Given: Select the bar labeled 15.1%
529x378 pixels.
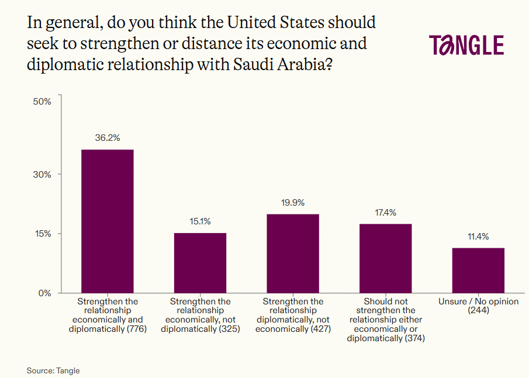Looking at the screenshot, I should click(200, 263).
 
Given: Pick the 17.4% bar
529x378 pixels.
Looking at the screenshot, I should click(385, 258).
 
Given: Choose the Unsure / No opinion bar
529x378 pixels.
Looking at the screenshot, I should click(478, 270).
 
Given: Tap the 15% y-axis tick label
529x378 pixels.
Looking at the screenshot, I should click(43, 234).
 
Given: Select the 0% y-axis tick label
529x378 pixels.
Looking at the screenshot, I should click(45, 293).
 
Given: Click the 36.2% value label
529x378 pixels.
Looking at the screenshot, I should click(108, 138).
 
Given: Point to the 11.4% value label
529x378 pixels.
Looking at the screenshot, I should click(478, 237).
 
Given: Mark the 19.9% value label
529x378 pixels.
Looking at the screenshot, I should click(293, 203).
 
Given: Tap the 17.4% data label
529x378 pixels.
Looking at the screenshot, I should click(385, 213).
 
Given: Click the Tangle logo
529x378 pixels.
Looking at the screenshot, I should click(466, 46).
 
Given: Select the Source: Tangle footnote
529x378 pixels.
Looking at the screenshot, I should click(53, 370).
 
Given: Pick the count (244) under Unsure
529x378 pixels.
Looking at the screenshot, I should click(478, 310).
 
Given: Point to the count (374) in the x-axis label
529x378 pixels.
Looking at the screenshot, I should click(414, 338).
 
